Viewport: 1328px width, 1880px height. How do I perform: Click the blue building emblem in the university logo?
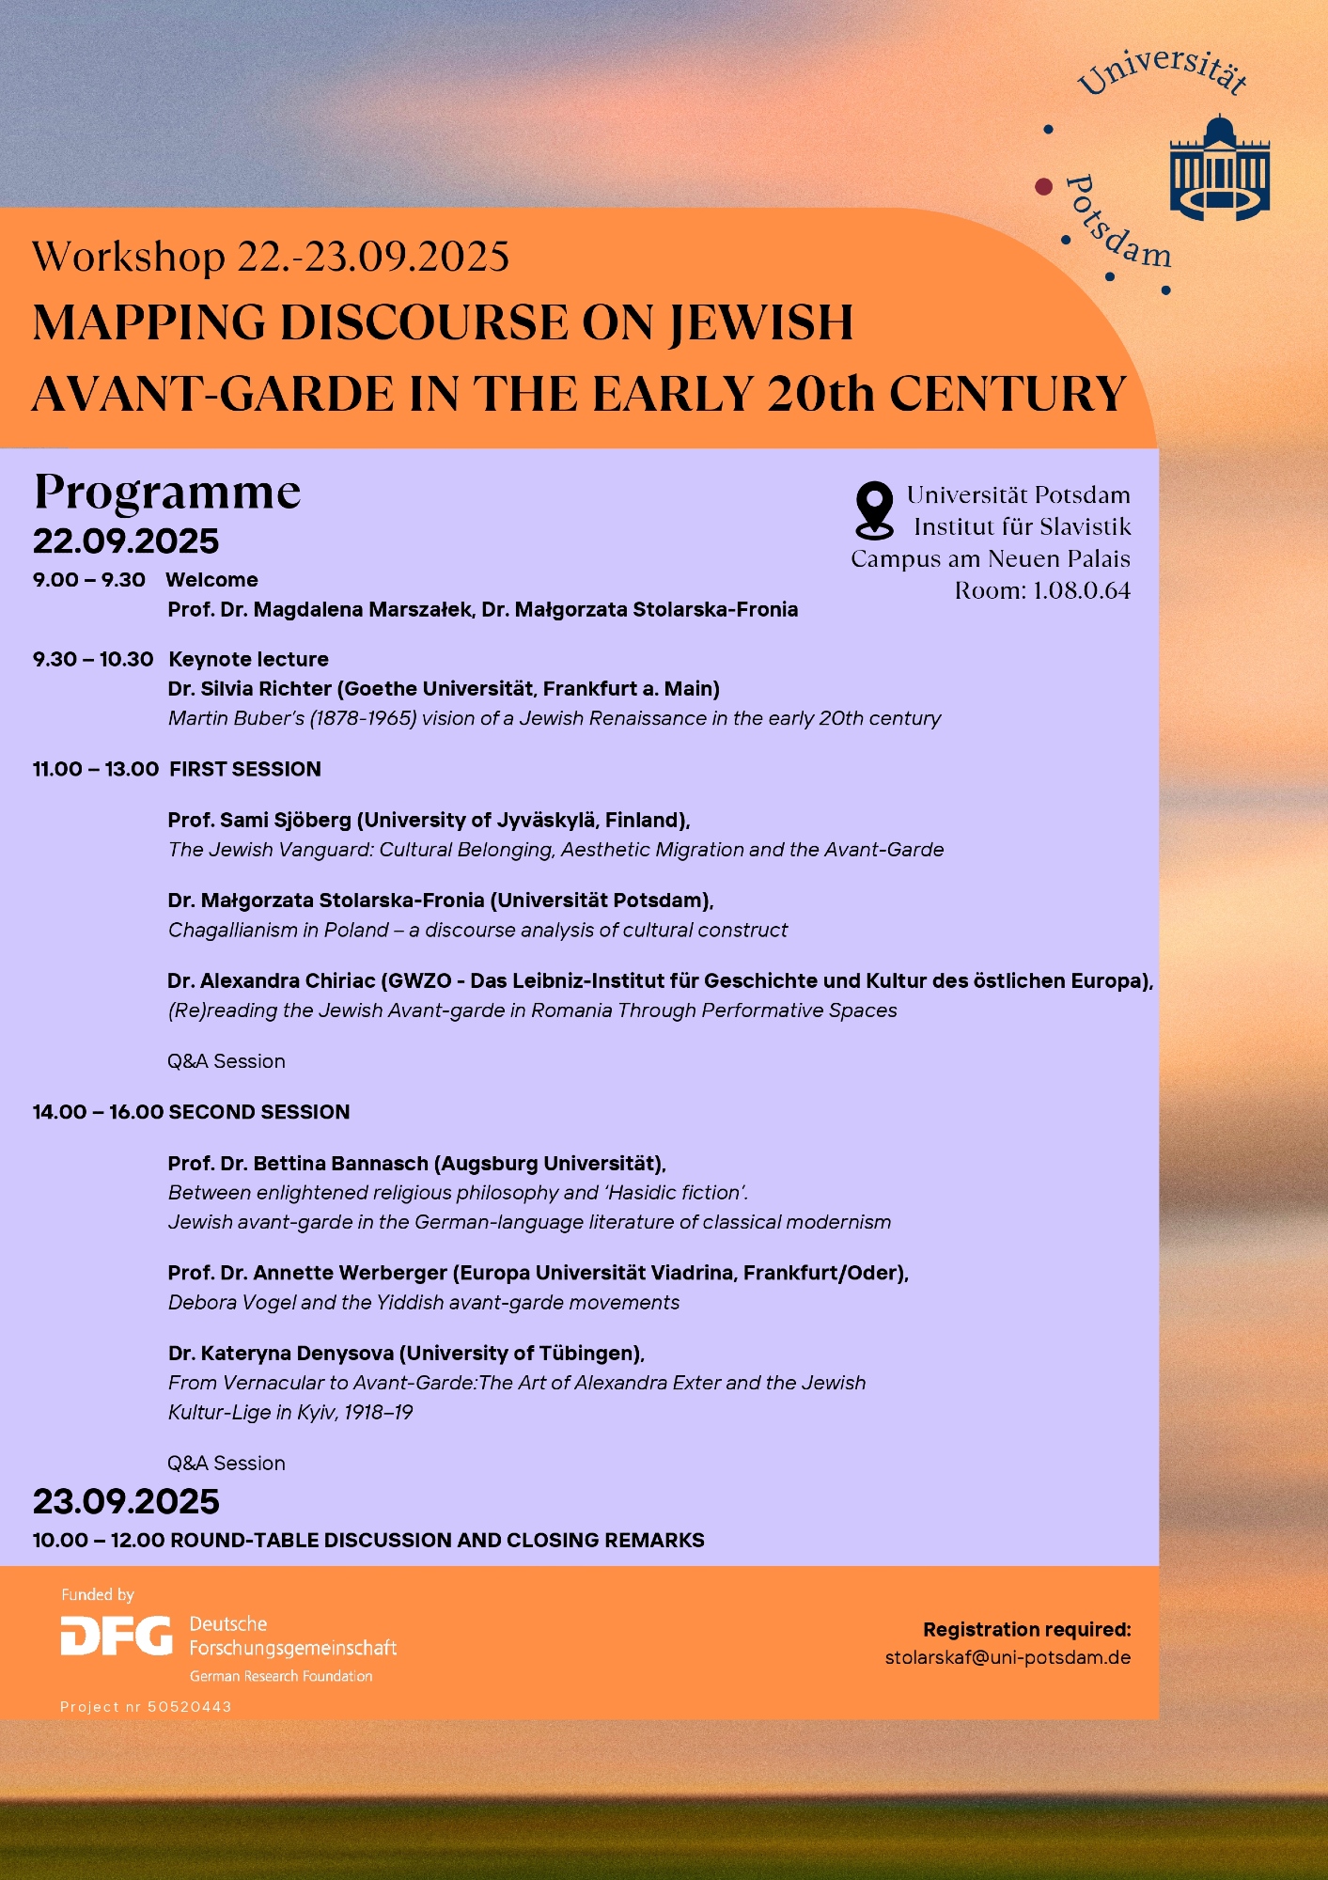tap(1219, 169)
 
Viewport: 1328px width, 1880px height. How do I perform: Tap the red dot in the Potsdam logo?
tap(1043, 186)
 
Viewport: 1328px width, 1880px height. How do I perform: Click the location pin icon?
tap(874, 509)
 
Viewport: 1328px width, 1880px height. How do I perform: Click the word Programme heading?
tap(167, 491)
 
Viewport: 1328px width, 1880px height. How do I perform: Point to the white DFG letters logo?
tap(117, 1637)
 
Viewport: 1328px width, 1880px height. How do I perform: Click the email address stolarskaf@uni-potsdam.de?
tap(1008, 1657)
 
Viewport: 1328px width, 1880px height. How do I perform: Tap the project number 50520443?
tap(190, 1706)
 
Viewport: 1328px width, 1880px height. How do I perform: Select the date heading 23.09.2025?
tap(126, 1501)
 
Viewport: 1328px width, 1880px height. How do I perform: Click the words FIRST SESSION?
tap(245, 769)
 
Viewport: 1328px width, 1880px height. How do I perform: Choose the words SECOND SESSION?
tap(259, 1112)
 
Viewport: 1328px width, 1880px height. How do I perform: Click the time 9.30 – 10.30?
tap(92, 659)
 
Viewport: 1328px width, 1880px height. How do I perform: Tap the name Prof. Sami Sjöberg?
tap(259, 820)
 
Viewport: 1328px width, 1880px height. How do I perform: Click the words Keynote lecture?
tap(248, 659)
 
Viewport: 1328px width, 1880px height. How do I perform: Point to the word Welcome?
tap(211, 580)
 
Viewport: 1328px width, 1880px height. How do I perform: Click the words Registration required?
tap(1026, 1629)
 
